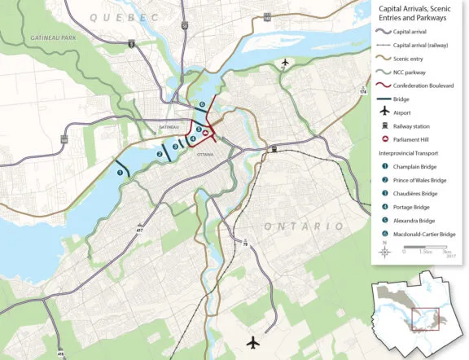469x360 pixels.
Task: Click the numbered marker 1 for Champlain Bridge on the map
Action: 121,172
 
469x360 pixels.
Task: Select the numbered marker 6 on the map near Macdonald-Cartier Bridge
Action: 202,105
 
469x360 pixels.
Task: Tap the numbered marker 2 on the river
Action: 160,154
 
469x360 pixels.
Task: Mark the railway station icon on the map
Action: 274,149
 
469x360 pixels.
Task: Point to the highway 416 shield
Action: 61,353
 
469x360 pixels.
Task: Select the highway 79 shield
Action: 245,244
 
